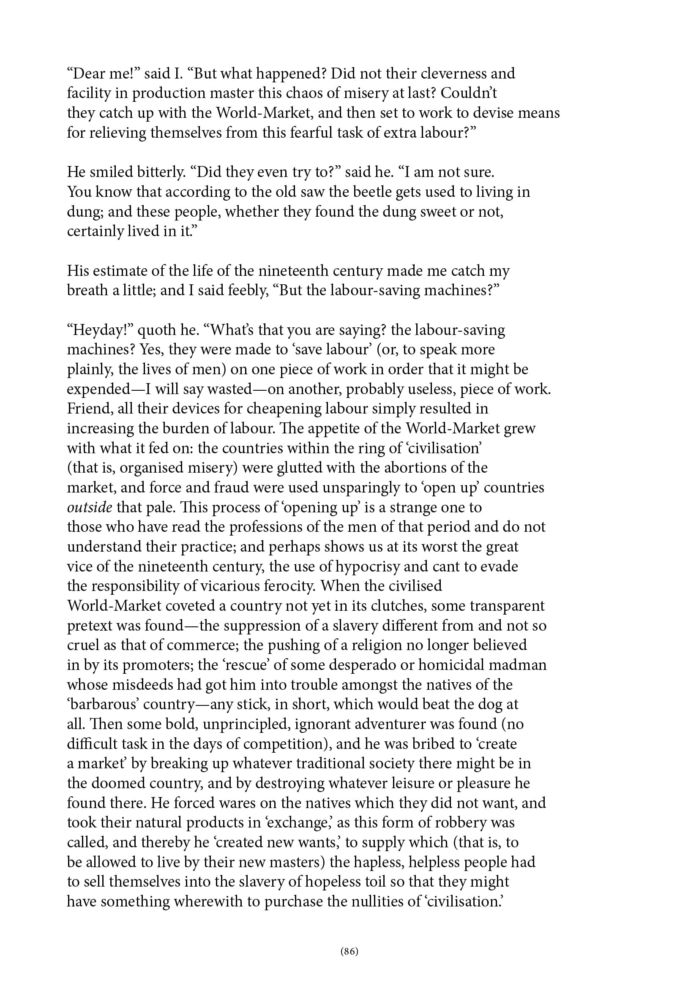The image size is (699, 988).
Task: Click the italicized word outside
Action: pos(90,507)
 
